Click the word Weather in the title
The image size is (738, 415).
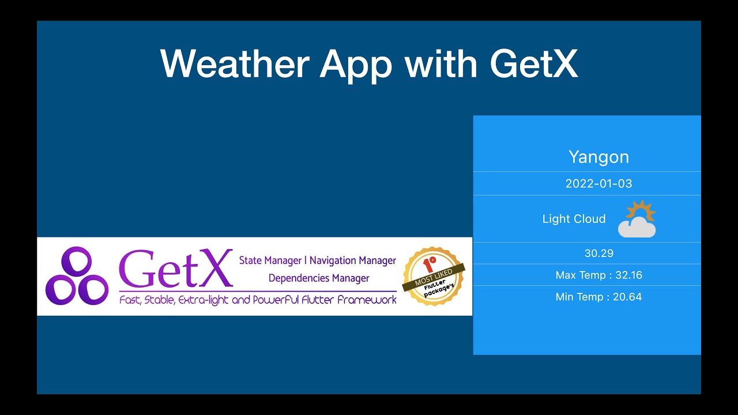[x=235, y=63]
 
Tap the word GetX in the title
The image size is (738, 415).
[x=534, y=63]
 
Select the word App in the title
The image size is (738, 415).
[x=356, y=65]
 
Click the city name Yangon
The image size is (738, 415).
[x=598, y=157]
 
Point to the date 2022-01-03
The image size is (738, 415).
[x=598, y=184]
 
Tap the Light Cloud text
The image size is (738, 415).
[x=574, y=219]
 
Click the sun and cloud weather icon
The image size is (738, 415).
[x=637, y=219]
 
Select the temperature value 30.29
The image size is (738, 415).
[x=598, y=253]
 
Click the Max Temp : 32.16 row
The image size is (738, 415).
[x=598, y=275]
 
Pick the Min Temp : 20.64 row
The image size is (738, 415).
[x=598, y=297]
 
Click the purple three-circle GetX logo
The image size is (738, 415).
[x=77, y=276]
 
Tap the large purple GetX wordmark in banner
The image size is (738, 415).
[x=175, y=269]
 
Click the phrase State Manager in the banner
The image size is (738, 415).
[x=270, y=261]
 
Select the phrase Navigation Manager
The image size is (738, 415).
[x=353, y=261]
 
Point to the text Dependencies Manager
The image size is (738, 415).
[x=319, y=278]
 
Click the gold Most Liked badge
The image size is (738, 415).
[x=434, y=277]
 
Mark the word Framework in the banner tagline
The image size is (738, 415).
[x=368, y=300]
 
